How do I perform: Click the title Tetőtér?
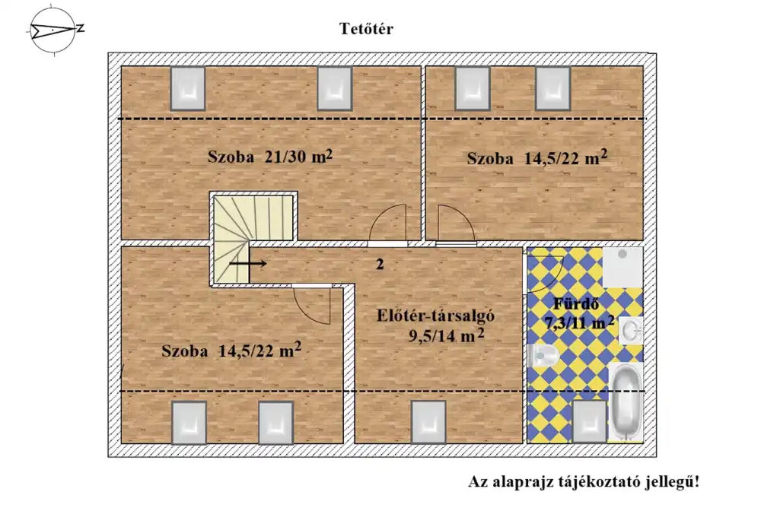pyautogui.click(x=366, y=29)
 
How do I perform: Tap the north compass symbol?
pyautogui.click(x=53, y=30)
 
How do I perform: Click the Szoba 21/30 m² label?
pyautogui.click(x=270, y=157)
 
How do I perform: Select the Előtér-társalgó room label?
pyautogui.click(x=435, y=316)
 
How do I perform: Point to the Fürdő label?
pyautogui.click(x=576, y=304)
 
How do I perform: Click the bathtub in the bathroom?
pyautogui.click(x=626, y=401)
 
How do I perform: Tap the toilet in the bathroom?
pyautogui.click(x=543, y=357)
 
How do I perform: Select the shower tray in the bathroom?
pyautogui.click(x=622, y=267)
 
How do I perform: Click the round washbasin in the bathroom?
pyautogui.click(x=632, y=331)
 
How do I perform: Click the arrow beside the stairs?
pyautogui.click(x=248, y=264)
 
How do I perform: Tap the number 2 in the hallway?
pyautogui.click(x=380, y=265)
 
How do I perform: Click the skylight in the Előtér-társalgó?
pyautogui.click(x=428, y=422)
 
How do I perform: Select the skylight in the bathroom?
pyautogui.click(x=589, y=422)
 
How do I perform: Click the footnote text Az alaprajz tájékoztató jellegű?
pyautogui.click(x=584, y=482)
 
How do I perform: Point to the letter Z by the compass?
pyautogui.click(x=80, y=28)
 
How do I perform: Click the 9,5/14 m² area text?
pyautogui.click(x=446, y=335)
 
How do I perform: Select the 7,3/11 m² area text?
pyautogui.click(x=579, y=322)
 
